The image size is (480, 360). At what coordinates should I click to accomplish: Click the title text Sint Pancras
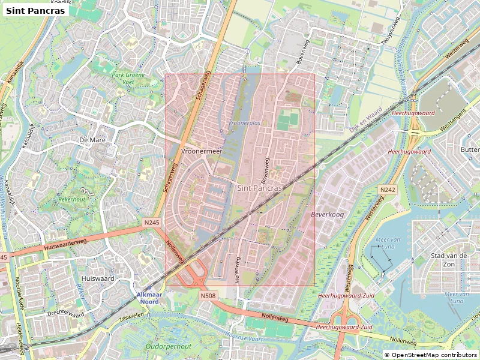35,10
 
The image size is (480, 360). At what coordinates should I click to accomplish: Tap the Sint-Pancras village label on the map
260,188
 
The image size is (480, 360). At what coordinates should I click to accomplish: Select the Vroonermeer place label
202,152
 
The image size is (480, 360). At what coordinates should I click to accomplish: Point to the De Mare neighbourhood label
92,139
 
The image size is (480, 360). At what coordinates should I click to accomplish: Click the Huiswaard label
98,279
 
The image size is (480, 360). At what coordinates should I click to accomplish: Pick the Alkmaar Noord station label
150,299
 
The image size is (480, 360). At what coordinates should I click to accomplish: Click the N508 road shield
208,296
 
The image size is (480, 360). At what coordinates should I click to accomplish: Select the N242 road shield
388,190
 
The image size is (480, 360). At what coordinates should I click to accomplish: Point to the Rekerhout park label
71,199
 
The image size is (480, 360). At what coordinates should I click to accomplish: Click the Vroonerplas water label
245,122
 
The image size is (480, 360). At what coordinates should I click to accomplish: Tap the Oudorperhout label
169,347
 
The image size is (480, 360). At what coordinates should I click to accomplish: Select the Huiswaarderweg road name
65,244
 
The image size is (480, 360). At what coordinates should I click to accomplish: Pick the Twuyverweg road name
391,31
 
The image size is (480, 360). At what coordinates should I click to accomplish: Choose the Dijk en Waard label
365,120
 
